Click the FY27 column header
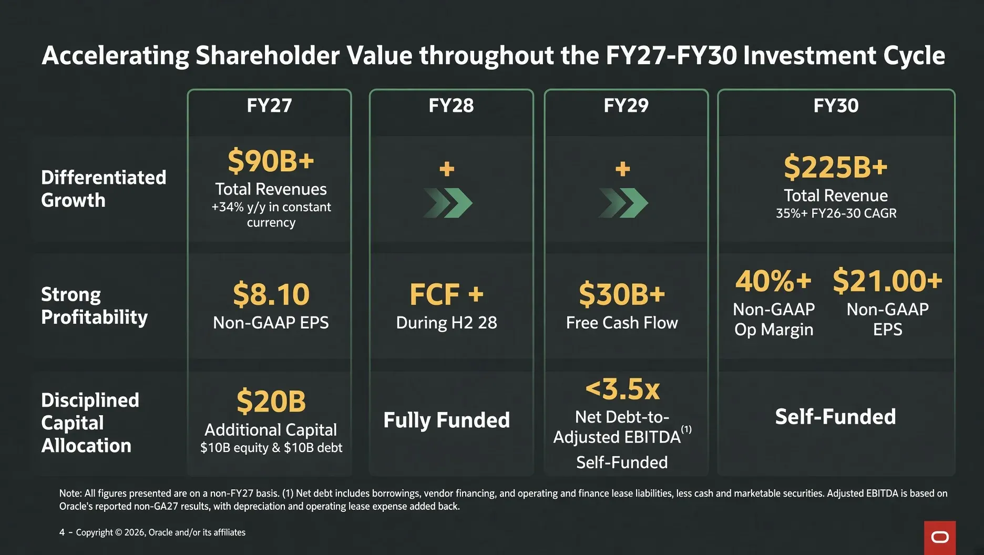(x=269, y=106)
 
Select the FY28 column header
(x=451, y=106)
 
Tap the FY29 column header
(x=626, y=106)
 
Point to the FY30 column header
(x=836, y=106)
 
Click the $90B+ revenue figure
(x=271, y=161)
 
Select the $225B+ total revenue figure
(x=836, y=167)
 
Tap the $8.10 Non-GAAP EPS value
(x=271, y=294)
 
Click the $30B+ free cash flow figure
(x=622, y=294)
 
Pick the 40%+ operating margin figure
(x=773, y=281)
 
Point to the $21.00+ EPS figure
(x=888, y=281)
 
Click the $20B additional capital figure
(x=271, y=402)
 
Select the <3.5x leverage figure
(x=622, y=389)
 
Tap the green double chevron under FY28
(x=448, y=203)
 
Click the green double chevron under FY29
(x=623, y=203)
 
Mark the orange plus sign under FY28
(x=447, y=169)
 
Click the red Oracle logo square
(x=940, y=538)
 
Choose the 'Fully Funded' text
(x=447, y=420)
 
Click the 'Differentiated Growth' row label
(x=104, y=189)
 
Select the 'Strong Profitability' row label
(x=95, y=306)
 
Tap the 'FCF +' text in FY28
(x=447, y=294)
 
